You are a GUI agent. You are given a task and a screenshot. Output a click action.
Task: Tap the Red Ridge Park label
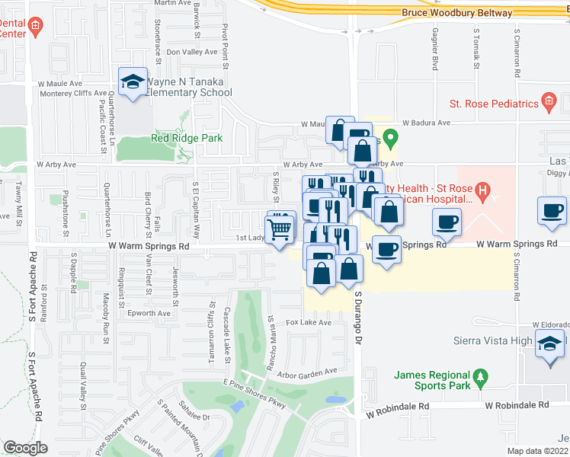tap(186, 138)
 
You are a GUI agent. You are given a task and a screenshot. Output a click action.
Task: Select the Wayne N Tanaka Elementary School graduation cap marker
tap(133, 81)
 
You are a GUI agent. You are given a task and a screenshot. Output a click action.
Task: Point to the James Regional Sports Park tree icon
tap(479, 376)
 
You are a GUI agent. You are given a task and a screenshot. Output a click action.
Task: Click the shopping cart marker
tap(280, 227)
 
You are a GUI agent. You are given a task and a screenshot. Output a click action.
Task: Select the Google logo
tap(25, 448)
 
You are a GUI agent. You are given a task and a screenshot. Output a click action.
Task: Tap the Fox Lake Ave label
tap(309, 323)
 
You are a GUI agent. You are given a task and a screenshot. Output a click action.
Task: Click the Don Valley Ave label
tap(192, 53)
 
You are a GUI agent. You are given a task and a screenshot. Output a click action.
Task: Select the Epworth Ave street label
tap(149, 313)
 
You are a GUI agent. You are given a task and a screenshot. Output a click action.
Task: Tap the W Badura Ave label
tap(426, 123)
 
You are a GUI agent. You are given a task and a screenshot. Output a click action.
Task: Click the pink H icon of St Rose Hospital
tap(482, 189)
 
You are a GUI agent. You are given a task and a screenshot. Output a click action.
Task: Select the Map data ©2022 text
tap(537, 451)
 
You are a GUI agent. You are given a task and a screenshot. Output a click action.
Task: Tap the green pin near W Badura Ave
tap(390, 139)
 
